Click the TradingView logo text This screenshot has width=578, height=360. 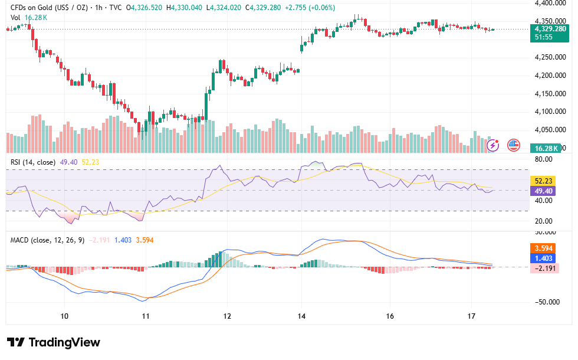coord(64,342)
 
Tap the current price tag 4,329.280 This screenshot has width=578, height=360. coord(550,29)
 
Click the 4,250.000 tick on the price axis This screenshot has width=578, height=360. coord(550,57)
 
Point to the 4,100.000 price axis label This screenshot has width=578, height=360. coord(550,112)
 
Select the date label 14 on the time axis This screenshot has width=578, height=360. coord(301,316)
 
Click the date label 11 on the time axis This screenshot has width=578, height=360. coord(146,316)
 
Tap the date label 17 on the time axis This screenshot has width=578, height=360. coord(471,316)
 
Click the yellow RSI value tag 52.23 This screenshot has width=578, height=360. coord(543,181)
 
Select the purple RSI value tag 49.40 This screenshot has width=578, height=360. coord(543,191)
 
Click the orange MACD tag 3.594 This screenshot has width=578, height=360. coord(543,248)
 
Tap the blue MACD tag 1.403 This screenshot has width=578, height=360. coord(543,258)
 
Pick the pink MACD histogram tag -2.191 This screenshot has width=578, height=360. coord(544,268)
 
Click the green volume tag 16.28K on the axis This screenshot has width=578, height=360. coord(546,148)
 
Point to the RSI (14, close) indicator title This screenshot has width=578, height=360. coord(33,162)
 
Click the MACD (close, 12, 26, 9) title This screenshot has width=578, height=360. coord(47,240)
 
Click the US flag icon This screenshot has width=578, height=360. coord(514,145)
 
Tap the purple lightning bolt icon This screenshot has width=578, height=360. coord(493,145)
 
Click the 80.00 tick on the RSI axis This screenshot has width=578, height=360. coord(544,159)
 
